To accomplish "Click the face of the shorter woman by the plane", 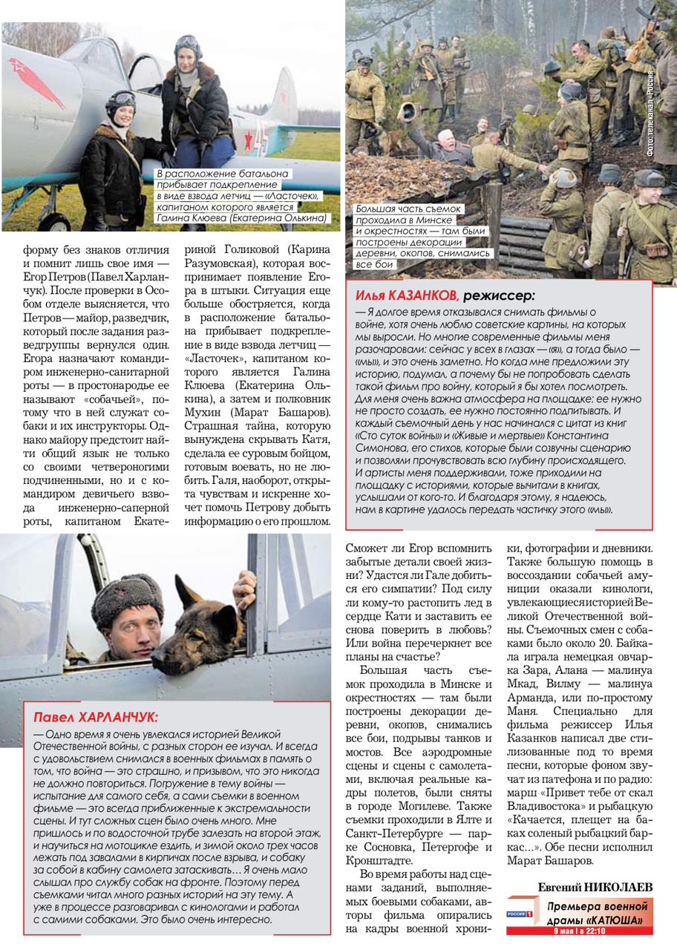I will coord(121,116).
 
